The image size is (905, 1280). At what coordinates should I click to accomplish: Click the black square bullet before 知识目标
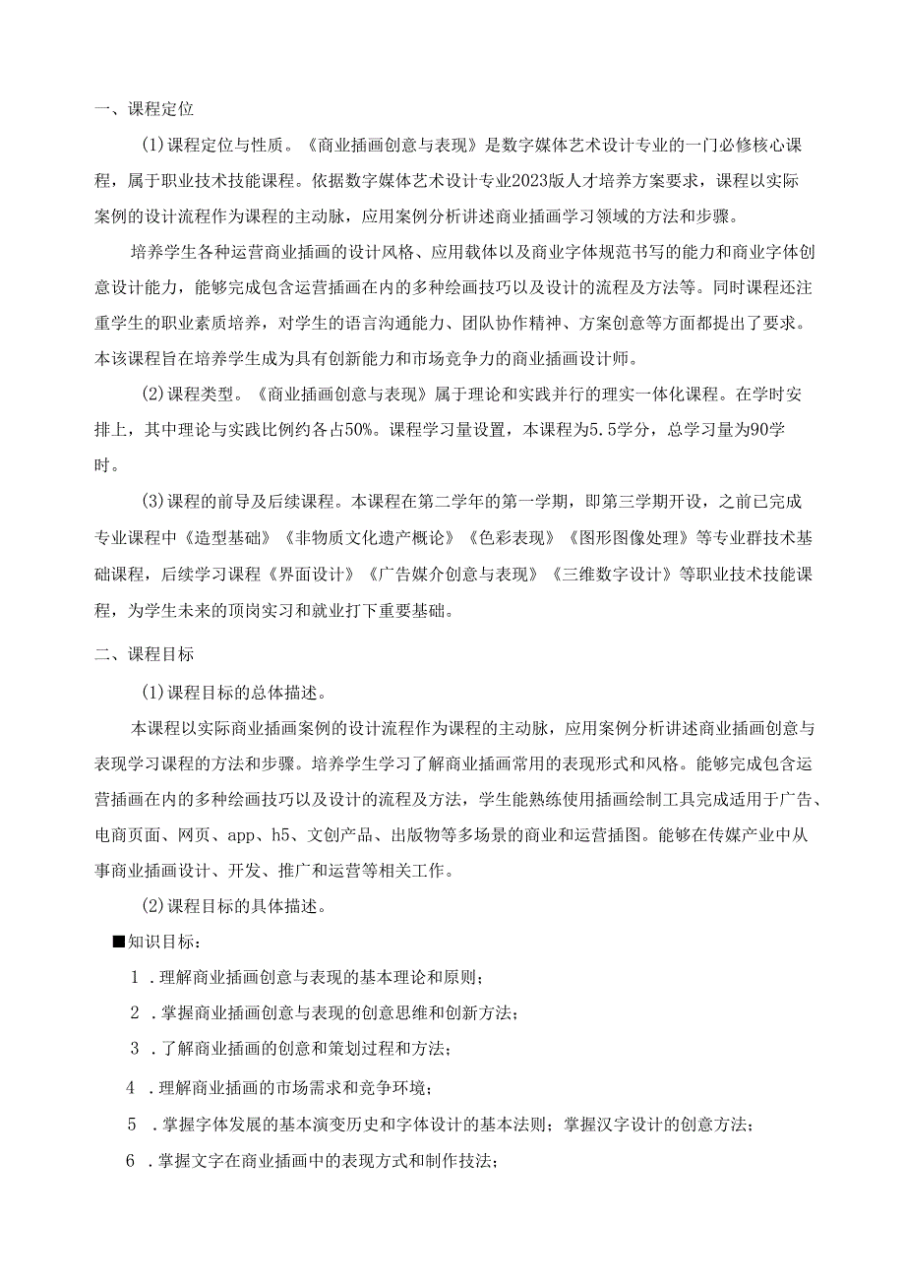[x=119, y=943]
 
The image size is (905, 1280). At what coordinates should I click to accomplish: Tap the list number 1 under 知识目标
[x=136, y=978]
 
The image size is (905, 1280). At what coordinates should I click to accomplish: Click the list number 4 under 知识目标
[x=131, y=1087]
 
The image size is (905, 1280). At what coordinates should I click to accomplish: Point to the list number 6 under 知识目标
[x=131, y=1162]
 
